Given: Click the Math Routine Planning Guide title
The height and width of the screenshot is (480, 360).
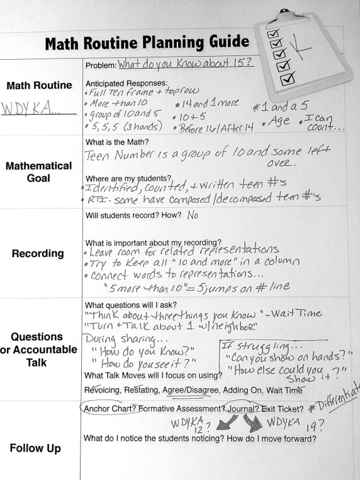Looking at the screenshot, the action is (x=147, y=43).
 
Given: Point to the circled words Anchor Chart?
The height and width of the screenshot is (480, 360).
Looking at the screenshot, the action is (x=110, y=409).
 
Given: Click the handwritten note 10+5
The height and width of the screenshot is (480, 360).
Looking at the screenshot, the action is (x=190, y=116).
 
